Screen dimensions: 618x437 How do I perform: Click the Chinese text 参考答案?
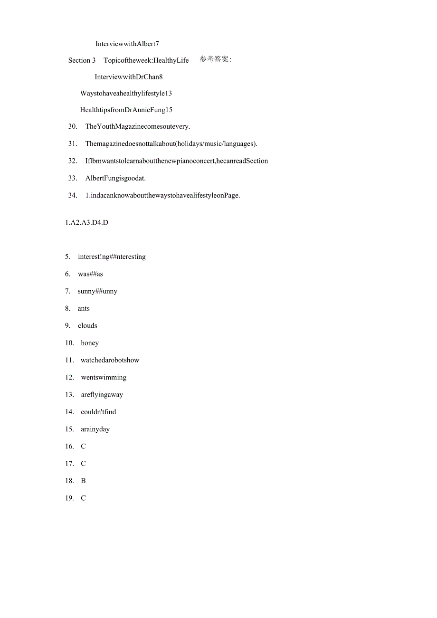215,59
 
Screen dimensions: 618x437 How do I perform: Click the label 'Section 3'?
82,60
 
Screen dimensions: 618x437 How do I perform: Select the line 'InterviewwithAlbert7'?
127,44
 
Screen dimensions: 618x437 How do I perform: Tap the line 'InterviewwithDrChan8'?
128,76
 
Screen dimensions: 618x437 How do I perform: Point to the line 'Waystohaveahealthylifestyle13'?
126,93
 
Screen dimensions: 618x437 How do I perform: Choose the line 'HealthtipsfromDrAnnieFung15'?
126,110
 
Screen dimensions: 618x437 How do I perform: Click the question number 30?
73,126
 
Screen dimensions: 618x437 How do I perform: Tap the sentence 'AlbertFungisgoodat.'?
115,178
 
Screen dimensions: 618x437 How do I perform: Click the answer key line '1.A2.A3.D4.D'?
86,222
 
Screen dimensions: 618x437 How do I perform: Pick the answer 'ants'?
84,308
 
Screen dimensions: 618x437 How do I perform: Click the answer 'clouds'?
87,325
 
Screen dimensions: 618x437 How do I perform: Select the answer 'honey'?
90,343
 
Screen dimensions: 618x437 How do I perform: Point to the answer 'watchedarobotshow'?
110,360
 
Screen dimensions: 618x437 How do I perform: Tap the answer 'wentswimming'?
104,377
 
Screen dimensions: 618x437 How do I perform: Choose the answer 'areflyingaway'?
102,395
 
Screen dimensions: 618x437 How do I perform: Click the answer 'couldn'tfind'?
98,412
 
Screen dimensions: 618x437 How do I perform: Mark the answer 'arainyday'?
95,429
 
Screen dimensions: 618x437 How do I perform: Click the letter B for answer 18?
83,481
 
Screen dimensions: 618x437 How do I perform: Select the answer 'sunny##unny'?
97,291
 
